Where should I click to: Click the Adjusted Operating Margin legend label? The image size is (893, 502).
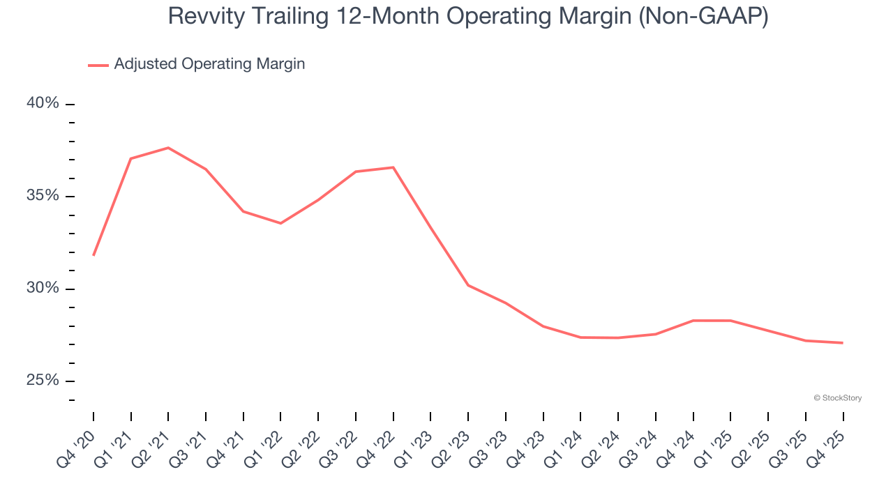209,64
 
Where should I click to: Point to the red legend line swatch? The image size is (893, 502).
98,65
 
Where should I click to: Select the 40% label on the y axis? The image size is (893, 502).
43,104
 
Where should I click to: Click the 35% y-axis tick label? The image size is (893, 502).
43,196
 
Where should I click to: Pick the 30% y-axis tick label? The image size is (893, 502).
43,289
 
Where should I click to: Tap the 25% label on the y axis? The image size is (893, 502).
43,381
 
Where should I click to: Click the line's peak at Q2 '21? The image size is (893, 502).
168,148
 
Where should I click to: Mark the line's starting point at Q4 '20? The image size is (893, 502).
93,255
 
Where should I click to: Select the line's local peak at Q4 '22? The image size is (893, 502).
393,167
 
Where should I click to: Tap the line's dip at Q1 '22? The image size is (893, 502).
280,223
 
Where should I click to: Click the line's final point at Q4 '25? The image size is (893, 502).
843,342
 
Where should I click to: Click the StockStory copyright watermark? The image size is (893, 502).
838,398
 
